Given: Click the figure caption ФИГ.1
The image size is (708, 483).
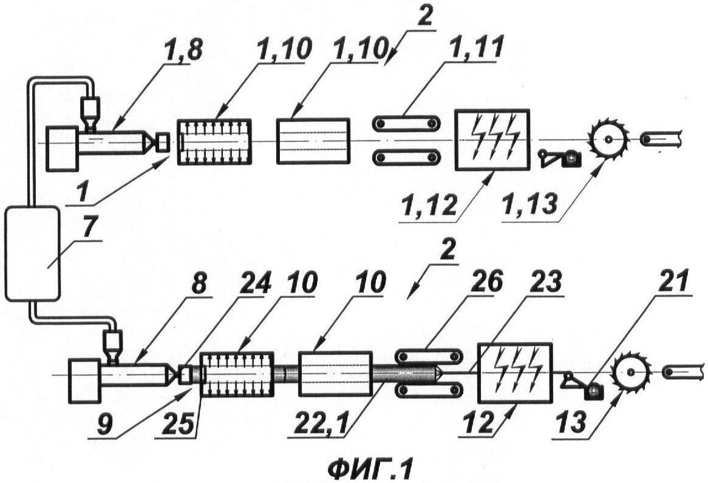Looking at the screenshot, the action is coord(369,469).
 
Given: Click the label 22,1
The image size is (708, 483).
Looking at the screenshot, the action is coord(318,424).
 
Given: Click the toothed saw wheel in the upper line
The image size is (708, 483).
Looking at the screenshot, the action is coord(608,138).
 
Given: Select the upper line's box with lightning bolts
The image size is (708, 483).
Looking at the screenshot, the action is coord(492,140).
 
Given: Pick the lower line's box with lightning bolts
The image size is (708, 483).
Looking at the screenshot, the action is coord(515,373).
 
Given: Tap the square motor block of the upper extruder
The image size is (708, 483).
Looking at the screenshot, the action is coord(61,149).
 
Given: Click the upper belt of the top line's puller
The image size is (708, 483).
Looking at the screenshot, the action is coord(406,123).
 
